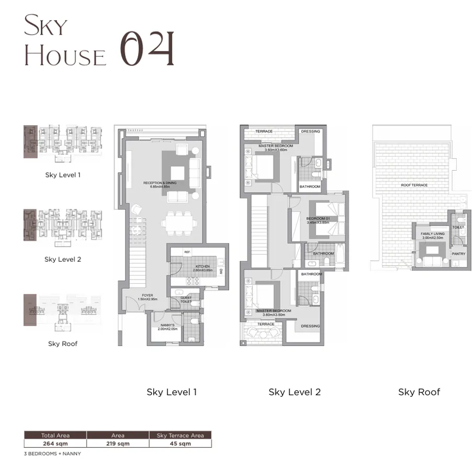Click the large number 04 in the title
click(x=148, y=49)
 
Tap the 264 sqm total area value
click(x=55, y=443)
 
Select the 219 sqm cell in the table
click(x=118, y=443)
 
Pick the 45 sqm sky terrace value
click(x=181, y=443)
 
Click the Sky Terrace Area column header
click(x=181, y=435)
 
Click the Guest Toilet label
click(x=186, y=300)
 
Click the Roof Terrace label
click(x=414, y=185)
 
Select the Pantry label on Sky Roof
click(x=458, y=254)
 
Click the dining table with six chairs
click(x=179, y=222)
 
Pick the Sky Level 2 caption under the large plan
click(x=295, y=392)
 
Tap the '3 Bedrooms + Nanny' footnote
click(x=52, y=453)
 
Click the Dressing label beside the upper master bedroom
click(x=310, y=131)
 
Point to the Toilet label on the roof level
click(x=458, y=228)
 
